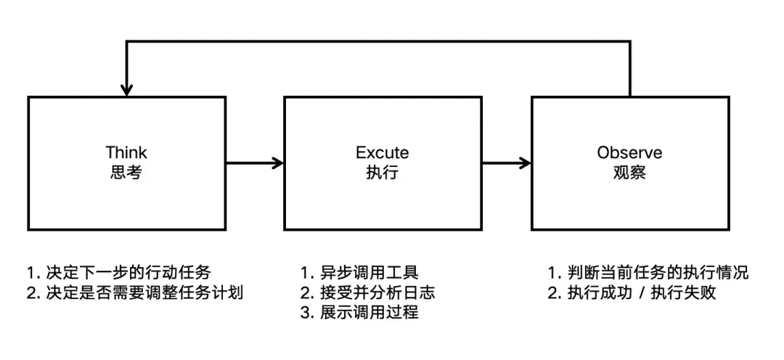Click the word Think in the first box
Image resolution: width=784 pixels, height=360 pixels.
(126, 152)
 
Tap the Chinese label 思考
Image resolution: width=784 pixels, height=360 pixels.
(126, 173)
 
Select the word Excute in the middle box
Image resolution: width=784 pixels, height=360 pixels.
(382, 152)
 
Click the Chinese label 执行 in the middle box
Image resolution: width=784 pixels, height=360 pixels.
(382, 173)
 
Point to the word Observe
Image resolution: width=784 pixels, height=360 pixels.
(629, 152)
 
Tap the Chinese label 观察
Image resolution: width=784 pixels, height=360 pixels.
(629, 173)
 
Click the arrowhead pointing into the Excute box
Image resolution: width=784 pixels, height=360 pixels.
(277, 163)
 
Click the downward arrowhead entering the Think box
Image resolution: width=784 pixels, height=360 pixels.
(127, 90)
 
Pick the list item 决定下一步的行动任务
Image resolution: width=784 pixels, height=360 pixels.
(127, 273)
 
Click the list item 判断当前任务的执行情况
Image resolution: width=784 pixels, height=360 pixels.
(657, 273)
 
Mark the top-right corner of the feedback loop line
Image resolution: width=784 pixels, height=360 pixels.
(629, 41)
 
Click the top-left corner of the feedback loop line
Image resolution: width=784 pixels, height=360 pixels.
(127, 41)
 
